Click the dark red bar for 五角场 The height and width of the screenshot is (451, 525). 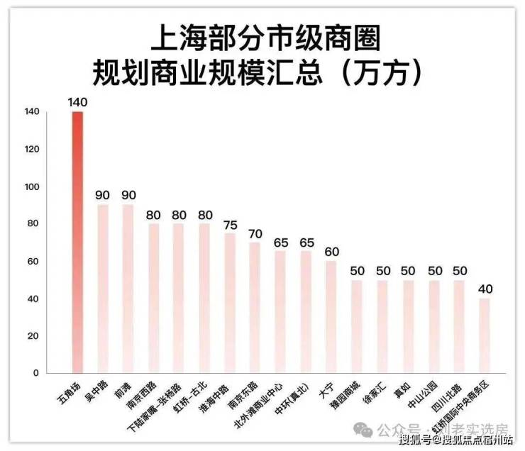tap(77, 241)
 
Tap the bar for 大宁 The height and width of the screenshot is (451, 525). tap(331, 316)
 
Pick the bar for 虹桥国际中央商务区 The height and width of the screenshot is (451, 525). tap(484, 335)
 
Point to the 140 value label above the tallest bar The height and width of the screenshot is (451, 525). tap(77, 103)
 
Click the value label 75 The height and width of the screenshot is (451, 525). tap(230, 225)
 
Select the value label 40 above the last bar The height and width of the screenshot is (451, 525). tap(485, 289)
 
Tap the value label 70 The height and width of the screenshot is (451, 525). tap(255, 234)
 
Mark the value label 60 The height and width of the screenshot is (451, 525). tap(331, 252)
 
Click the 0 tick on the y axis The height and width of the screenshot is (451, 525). tap(35, 373)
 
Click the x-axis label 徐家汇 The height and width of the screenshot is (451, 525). tap(375, 392)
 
